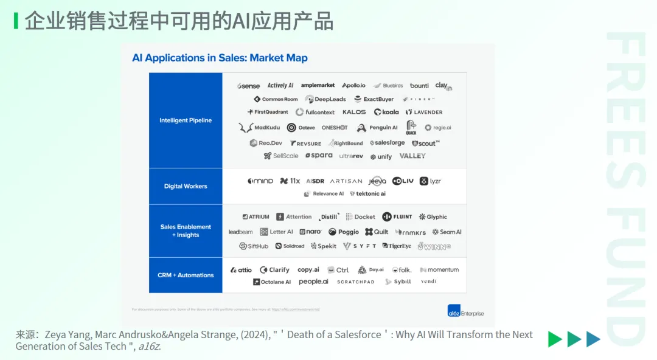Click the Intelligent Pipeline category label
[186, 120]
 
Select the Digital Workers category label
[186, 186]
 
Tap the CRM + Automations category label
[186, 275]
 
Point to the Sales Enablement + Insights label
[186, 230]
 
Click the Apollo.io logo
[353, 86]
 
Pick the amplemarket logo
[318, 86]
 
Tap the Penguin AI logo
[377, 128]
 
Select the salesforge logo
[387, 143]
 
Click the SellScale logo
[281, 156]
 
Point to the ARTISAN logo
[346, 181]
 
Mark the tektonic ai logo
[367, 194]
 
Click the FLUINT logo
[397, 216]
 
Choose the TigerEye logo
[397, 246]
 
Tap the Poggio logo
[344, 232]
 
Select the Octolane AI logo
[272, 282]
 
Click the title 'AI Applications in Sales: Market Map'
[220, 58]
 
